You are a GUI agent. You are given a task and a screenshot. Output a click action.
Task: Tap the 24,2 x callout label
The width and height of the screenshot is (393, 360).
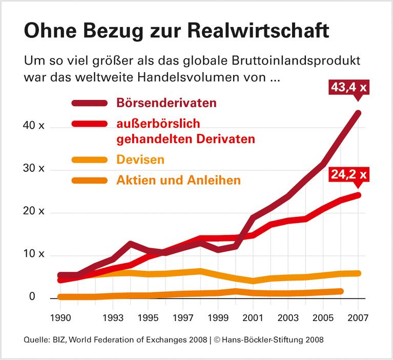tap(349, 174)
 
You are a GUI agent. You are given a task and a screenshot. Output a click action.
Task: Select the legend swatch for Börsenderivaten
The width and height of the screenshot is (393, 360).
tap(90, 103)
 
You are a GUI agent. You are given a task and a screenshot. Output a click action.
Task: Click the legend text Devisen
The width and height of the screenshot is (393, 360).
tap(140, 159)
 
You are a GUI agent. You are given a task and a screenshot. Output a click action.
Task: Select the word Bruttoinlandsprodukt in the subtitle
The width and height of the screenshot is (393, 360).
tap(302, 60)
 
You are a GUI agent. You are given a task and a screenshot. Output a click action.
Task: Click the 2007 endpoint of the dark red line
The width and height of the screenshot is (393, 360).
tap(359, 113)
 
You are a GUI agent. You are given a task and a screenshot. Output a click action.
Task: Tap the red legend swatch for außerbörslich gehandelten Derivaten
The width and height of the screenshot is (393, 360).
tap(90, 124)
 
